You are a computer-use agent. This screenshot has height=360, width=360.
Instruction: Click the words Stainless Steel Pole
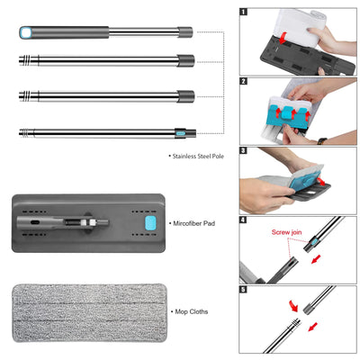click(201, 157)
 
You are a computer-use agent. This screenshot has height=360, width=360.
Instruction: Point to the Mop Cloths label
click(190, 310)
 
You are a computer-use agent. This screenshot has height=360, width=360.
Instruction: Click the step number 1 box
click(244, 13)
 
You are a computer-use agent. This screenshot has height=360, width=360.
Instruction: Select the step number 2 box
click(244, 82)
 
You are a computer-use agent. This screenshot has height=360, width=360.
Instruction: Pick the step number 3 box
click(244, 151)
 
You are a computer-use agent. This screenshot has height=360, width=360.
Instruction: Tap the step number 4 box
click(244, 220)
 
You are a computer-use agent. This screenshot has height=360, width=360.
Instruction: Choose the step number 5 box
click(244, 290)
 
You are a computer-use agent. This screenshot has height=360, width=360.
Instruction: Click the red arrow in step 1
click(286, 38)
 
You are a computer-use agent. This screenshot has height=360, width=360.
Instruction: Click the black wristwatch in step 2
click(323, 140)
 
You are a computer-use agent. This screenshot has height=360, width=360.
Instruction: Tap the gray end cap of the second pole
click(185, 61)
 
